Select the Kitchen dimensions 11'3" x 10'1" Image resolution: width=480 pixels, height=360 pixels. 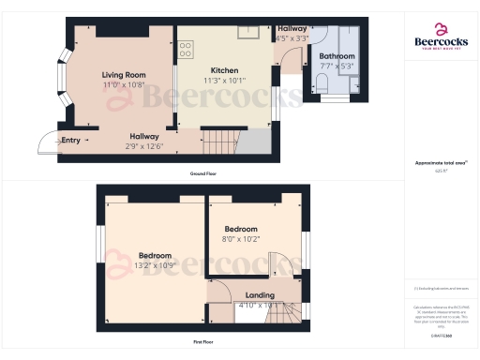tap(224, 81)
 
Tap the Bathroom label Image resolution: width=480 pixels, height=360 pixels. tap(337, 55)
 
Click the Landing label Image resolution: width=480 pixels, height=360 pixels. tap(260, 295)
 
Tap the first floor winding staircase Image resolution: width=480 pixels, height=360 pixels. tap(292, 311)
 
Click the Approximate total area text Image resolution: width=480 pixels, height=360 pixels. tap(441, 163)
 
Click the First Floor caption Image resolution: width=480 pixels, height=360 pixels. tap(202, 342)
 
